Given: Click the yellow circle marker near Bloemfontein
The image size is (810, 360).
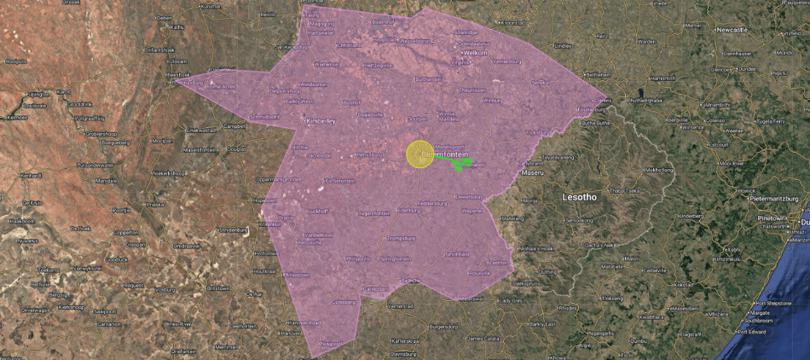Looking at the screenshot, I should click(x=419, y=154).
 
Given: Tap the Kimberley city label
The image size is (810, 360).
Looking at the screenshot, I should click(x=321, y=122).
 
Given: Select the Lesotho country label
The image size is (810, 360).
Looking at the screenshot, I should click(x=580, y=197).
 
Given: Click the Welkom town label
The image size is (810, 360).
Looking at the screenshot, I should click(x=475, y=53).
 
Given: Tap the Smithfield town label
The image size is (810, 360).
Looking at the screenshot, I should click(x=457, y=254).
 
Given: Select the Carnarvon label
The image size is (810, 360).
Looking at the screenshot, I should click(x=109, y=324).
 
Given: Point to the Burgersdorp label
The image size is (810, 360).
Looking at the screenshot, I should click(x=449, y=326).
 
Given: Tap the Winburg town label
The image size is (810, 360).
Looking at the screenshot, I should click(x=493, y=101).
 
